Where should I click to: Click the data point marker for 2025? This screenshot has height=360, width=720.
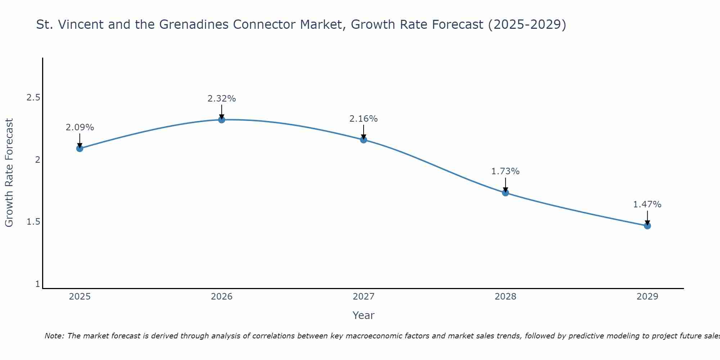tap(80, 148)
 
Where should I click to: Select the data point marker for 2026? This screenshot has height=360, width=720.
tap(222, 120)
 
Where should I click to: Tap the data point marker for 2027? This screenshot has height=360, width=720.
tap(364, 140)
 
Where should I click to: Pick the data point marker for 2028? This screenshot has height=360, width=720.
tap(505, 193)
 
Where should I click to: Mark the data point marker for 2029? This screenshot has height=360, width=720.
tap(647, 226)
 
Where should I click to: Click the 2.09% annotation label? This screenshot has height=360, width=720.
tap(80, 127)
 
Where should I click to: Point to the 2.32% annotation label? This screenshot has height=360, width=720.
tap(222, 99)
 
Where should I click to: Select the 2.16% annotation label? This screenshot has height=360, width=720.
tap(364, 119)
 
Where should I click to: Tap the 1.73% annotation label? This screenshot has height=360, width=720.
tap(505, 171)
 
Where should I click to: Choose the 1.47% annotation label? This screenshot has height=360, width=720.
tap(647, 204)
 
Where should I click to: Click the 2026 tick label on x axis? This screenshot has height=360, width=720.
tap(222, 297)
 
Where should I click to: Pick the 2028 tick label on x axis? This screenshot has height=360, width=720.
tap(505, 297)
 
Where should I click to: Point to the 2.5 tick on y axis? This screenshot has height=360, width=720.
tap(33, 98)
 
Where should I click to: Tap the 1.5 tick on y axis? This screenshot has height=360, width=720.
tap(33, 222)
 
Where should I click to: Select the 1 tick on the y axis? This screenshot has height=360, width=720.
tap(37, 284)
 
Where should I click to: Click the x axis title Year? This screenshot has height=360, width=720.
tap(364, 315)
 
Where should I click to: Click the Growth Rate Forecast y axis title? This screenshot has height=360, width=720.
tap(9, 173)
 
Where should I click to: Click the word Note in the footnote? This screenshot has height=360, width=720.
tap(54, 336)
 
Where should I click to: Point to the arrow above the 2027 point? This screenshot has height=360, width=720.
tap(364, 132)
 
